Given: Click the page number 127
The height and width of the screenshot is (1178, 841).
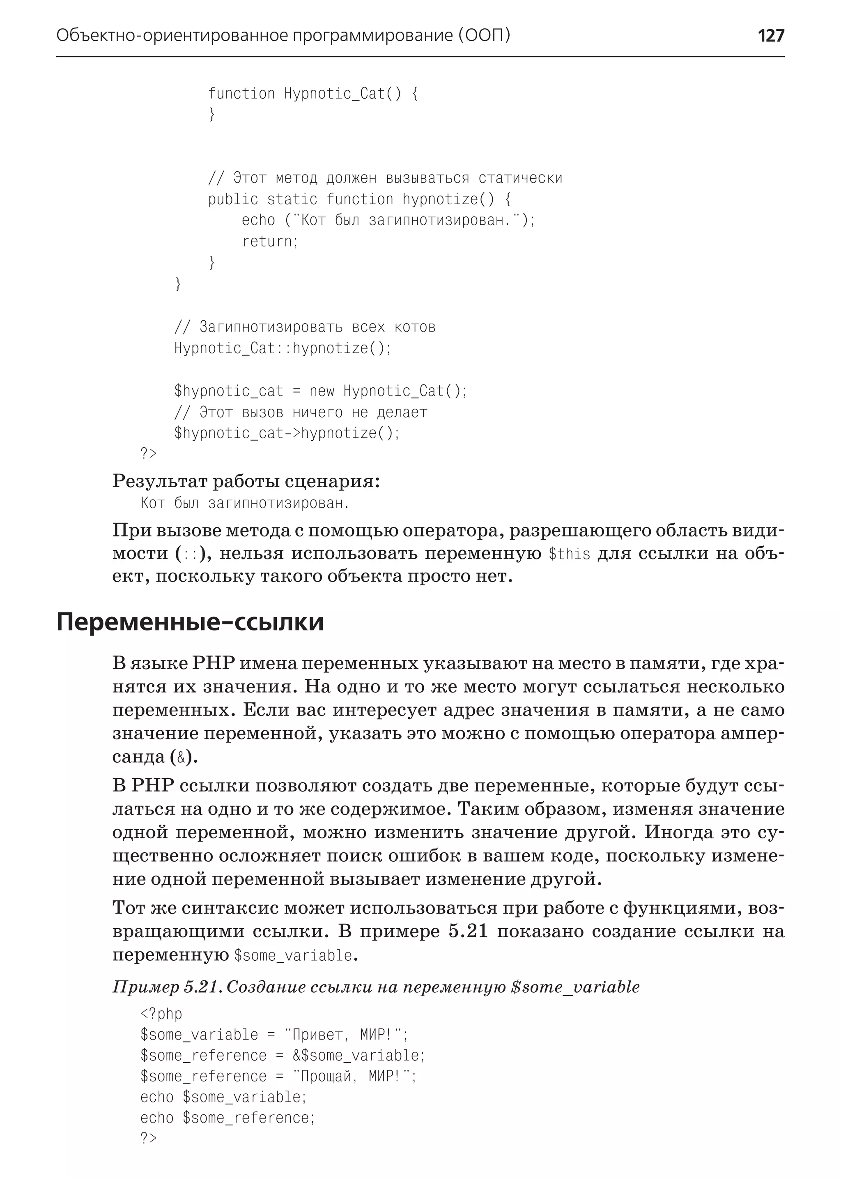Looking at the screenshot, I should [x=770, y=36].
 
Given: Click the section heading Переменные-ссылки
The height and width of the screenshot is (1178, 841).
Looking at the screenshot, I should [x=190, y=622].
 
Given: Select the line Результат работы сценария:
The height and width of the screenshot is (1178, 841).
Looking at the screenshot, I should [x=246, y=481].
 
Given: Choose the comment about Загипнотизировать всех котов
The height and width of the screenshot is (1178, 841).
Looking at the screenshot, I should [x=305, y=327].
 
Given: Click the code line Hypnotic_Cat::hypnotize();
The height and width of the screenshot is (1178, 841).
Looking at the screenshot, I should [x=283, y=348].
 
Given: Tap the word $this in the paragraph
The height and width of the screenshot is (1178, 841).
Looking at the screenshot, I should [x=569, y=554].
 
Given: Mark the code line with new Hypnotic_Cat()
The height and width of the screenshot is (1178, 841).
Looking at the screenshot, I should [x=321, y=391].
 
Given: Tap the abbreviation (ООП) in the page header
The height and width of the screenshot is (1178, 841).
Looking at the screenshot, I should [x=484, y=35].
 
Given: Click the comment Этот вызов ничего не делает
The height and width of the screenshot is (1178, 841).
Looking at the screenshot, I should [x=300, y=412].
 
